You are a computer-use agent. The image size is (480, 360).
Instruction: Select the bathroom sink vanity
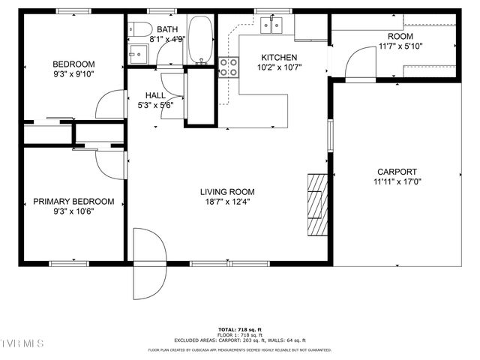pos(138,53)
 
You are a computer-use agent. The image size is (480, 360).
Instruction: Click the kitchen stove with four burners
pos(229,67)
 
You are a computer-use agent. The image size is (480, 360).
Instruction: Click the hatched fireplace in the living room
pos(319,204)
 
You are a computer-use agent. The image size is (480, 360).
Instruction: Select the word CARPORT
pos(397,171)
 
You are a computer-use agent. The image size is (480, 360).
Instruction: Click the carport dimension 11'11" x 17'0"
pos(397,181)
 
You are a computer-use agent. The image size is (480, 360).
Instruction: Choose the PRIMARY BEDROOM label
pos(73,201)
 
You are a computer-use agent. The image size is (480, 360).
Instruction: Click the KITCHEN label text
pos(279,58)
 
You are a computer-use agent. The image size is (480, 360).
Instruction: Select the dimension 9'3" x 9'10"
pos(73,74)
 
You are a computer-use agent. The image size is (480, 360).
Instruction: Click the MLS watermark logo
pos(22,343)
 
